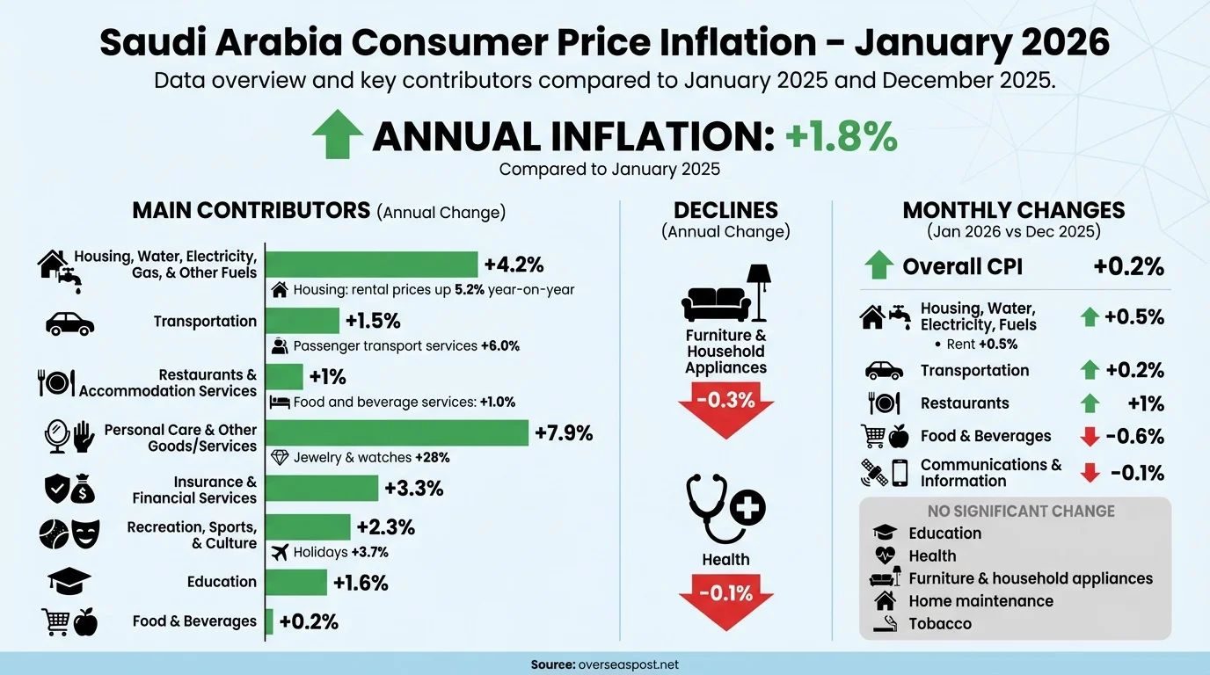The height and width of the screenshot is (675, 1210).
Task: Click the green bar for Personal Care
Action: point(397,432)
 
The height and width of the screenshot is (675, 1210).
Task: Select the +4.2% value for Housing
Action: point(514,265)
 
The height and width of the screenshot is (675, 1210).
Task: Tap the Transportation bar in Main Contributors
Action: point(302,321)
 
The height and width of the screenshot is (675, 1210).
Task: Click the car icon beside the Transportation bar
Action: point(69,323)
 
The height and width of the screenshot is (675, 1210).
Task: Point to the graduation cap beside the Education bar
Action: point(69,581)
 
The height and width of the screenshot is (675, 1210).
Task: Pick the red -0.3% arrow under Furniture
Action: point(725,407)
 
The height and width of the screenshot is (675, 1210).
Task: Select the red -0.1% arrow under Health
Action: point(725,597)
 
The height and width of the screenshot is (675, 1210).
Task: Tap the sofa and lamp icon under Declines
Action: point(725,294)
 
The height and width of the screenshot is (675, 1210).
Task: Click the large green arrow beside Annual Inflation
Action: point(338,135)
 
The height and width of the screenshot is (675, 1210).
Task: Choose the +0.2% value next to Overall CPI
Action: point(1128,267)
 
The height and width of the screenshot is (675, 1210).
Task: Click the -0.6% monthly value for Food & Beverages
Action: point(1135,437)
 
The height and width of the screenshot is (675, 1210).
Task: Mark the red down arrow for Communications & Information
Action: point(1090,473)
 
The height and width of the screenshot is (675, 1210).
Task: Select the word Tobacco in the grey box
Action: point(940,624)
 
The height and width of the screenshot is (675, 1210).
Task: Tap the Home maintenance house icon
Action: point(885,601)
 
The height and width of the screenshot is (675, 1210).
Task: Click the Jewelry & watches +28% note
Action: point(373,458)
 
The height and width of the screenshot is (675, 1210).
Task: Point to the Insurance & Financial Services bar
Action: point(322,488)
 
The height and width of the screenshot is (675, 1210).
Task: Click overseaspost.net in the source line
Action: point(630,664)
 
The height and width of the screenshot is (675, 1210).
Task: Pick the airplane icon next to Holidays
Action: point(281,553)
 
